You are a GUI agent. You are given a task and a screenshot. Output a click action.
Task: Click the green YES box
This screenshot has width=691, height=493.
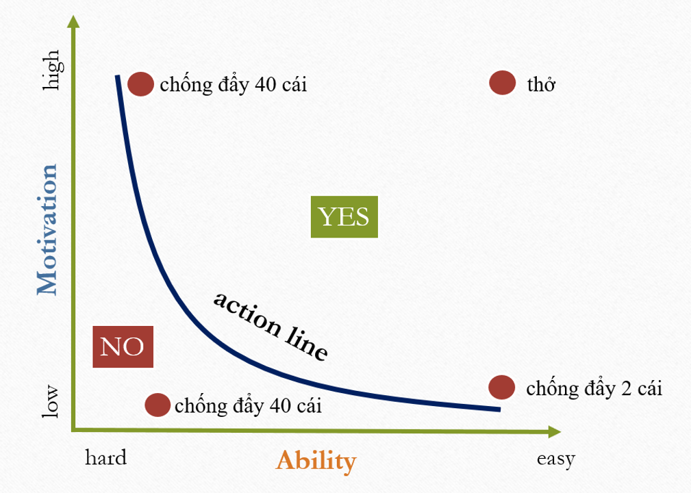(344, 217)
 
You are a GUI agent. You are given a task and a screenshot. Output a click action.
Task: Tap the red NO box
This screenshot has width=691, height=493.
(123, 346)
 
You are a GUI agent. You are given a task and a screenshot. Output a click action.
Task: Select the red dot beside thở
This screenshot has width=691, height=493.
(503, 82)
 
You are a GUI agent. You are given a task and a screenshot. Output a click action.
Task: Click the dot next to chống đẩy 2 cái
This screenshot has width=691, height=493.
(501, 388)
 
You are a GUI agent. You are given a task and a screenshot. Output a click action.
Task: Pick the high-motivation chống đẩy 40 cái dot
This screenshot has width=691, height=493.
(140, 84)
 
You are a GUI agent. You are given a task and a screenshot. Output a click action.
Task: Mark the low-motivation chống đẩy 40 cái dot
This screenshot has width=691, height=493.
(158, 405)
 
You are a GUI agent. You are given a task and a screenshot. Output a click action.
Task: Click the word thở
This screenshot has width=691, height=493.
(541, 84)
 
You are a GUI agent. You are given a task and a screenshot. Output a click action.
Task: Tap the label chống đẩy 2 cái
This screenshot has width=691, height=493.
(594, 389)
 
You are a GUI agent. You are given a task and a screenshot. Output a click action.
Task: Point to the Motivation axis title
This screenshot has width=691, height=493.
(47, 229)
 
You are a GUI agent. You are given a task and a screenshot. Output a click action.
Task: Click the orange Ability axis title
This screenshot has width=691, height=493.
(316, 462)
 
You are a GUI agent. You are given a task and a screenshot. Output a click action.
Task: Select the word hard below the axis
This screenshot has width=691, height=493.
(105, 458)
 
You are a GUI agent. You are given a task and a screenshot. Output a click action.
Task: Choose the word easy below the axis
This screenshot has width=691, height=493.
(555, 459)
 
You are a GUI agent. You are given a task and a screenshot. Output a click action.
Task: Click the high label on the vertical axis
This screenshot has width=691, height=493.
(52, 70)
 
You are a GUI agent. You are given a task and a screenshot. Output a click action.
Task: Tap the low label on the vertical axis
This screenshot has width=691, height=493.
(50, 401)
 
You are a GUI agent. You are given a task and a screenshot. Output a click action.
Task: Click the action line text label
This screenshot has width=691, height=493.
(271, 326)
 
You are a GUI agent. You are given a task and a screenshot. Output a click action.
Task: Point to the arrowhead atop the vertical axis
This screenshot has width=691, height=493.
(74, 21)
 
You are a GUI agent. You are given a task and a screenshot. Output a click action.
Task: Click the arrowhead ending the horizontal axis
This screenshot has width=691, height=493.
(555, 432)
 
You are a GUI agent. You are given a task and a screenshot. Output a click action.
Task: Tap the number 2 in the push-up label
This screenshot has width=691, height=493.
(626, 389)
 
